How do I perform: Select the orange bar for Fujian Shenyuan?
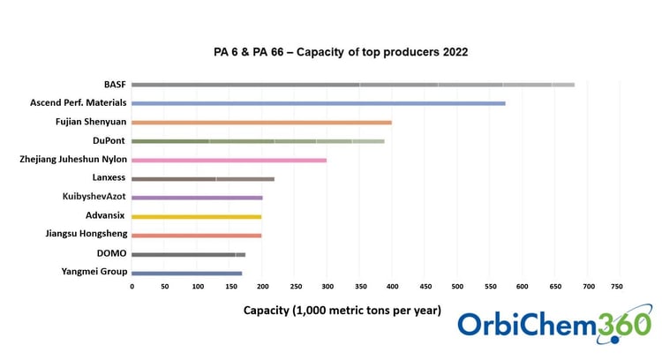pyautogui.click(x=261, y=122)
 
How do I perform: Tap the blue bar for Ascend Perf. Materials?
pyautogui.click(x=318, y=103)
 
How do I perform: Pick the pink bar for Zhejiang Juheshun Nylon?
pyautogui.click(x=229, y=160)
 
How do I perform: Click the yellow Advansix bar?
pyautogui.click(x=196, y=216)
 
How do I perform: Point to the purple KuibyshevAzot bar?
pyautogui.click(x=197, y=198)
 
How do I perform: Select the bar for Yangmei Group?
pyautogui.click(x=186, y=273)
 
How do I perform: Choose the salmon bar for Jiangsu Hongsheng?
pyautogui.click(x=196, y=236)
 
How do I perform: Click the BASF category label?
pyautogui.click(x=115, y=85)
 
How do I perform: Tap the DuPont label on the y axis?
pyautogui.click(x=109, y=140)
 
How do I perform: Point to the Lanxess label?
pyautogui.click(x=109, y=178)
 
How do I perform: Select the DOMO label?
pyautogui.click(x=112, y=253)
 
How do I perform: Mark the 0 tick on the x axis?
pyautogui.click(x=132, y=286)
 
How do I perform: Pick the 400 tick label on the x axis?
pyautogui.click(x=392, y=286)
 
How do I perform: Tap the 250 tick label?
pyautogui.click(x=294, y=286)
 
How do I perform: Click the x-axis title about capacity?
pyautogui.click(x=342, y=310)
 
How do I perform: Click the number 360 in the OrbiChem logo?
pyautogui.click(x=622, y=325)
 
